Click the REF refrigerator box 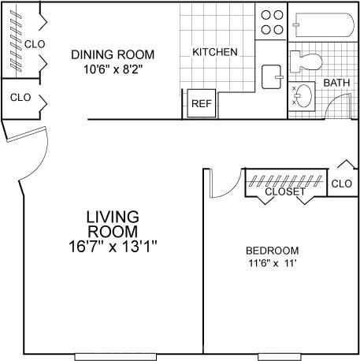coord(202,103)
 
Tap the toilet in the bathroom coord(306,62)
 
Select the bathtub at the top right coord(325,25)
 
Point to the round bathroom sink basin coord(304,95)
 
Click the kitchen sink coord(272,76)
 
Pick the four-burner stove coord(272,21)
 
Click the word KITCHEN coord(215,52)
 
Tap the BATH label coord(336,83)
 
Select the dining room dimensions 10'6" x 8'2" coord(113,69)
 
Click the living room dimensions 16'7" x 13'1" coord(113,247)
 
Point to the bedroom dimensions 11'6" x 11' coord(273,262)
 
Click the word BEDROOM coord(273,251)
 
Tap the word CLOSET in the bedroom coord(285,192)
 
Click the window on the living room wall coord(116,357)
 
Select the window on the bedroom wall coord(280,357)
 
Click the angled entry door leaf coord(26,135)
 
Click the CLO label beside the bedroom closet coord(341,184)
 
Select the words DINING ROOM coord(113,54)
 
